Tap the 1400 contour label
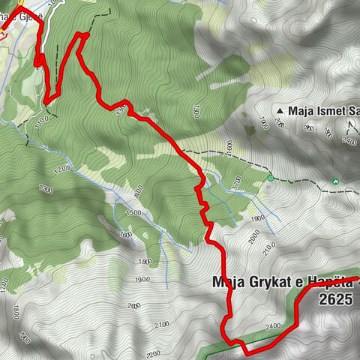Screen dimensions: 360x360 pos(138,193)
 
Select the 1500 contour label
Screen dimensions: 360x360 pos(133,213)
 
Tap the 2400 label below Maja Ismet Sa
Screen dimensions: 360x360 pos(348,140)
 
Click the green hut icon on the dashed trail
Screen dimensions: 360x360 pos(335,181)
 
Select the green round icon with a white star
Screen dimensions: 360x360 pos(270,178)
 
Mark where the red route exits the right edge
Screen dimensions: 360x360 pos(358,279)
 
